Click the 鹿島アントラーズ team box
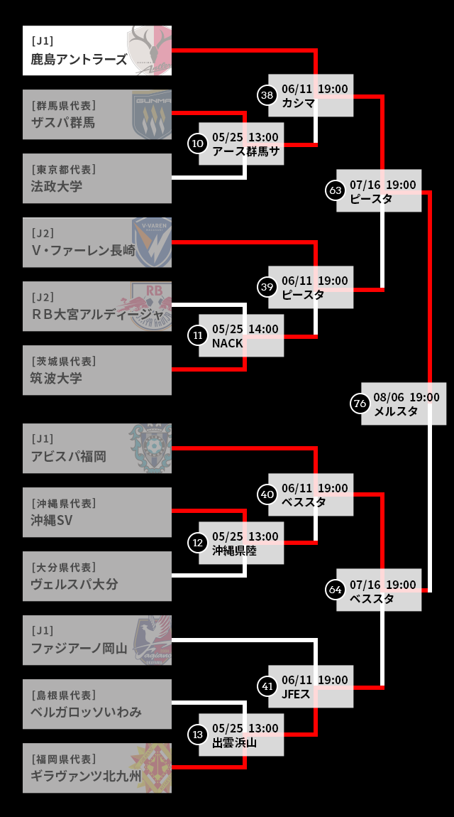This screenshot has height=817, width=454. pyautogui.click(x=97, y=50)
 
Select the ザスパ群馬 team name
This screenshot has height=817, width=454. pyautogui.click(x=63, y=122)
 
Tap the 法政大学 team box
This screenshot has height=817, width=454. pyautogui.click(x=97, y=178)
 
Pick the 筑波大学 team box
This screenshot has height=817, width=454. pyautogui.click(x=97, y=370)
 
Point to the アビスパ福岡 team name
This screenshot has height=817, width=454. pyautogui.click(x=69, y=456)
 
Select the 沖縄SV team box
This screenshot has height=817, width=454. pyautogui.click(x=97, y=512)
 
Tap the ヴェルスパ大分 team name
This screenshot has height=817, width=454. pyautogui.click(x=74, y=584)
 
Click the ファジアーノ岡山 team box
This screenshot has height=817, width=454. pyautogui.click(x=97, y=640)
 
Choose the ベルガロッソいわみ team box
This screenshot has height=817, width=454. pyautogui.click(x=97, y=704)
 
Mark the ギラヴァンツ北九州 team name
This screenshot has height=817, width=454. pyautogui.click(x=86, y=776)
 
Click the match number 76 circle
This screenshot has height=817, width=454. pyautogui.click(x=360, y=404)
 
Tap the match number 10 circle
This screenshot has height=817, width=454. pyautogui.click(x=197, y=144)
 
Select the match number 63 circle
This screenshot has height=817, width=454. pyautogui.click(x=336, y=190)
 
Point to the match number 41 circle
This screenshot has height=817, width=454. pyautogui.click(x=267, y=686)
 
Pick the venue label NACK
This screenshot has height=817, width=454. pyautogui.click(x=228, y=343)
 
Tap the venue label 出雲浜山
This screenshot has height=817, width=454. pyautogui.click(x=235, y=742)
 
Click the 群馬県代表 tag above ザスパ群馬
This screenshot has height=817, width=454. pyautogui.click(x=64, y=105)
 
